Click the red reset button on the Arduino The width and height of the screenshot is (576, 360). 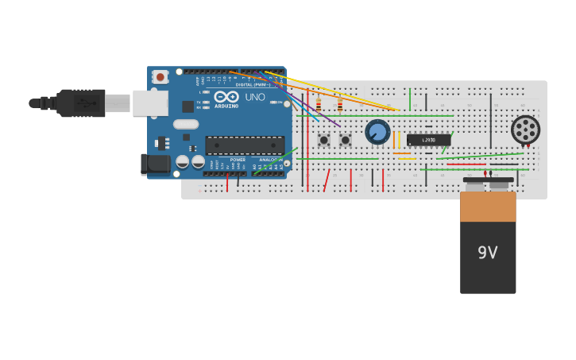click(160, 77)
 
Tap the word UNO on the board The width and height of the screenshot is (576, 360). click(255, 98)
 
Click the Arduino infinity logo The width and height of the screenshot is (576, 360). click(226, 97)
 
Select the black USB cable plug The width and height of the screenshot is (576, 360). click(80, 103)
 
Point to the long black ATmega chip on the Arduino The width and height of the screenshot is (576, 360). click(245, 145)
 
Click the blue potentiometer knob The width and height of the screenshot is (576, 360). click(377, 131)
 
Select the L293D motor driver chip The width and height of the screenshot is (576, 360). click(428, 140)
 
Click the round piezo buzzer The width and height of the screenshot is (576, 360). click(525, 130)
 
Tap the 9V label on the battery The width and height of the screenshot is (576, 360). click(487, 253)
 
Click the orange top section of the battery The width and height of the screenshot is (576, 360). click(488, 207)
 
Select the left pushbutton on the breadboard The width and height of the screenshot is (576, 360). click(323, 140)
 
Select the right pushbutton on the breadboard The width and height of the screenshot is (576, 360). click(345, 140)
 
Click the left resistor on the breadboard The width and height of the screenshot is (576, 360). click(319, 106)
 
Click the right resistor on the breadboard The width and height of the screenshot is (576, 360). click(340, 106)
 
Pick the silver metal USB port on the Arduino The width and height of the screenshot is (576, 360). click(149, 103)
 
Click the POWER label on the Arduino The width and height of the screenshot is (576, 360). click(238, 160)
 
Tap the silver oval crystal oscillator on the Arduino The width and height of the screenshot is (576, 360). click(186, 124)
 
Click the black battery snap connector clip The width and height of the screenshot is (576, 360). click(488, 181)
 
